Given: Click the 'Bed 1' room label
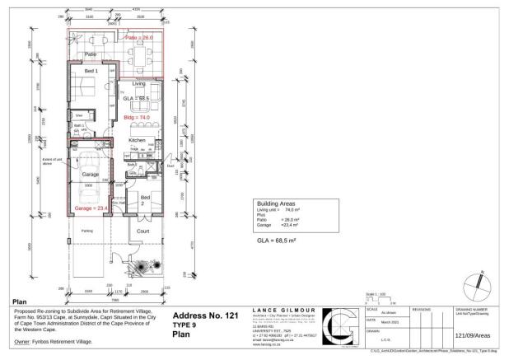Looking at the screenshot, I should click(x=91, y=71).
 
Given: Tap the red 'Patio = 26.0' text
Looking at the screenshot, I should click(x=139, y=38).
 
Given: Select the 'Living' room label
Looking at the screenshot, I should click(x=139, y=83).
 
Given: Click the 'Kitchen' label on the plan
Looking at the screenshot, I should click(x=137, y=141).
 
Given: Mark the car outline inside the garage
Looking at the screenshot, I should click(x=91, y=185).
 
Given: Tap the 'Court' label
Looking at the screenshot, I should click(x=142, y=231).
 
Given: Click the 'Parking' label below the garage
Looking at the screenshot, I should click(x=86, y=230).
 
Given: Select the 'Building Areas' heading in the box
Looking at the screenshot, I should click(x=277, y=203).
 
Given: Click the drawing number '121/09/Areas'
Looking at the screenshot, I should click(x=474, y=335).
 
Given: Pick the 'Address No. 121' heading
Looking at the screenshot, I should click(x=207, y=316).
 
